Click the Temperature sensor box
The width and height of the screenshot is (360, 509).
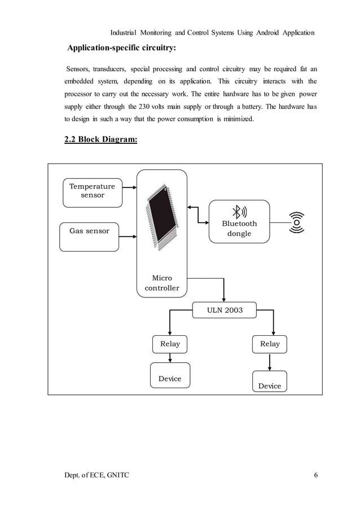tap(92, 191)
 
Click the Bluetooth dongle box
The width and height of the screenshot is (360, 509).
tap(239, 221)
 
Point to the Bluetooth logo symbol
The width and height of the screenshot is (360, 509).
tap(239, 212)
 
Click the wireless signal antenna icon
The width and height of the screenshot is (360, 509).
tap(296, 222)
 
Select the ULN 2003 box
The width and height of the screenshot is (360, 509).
tap(225, 310)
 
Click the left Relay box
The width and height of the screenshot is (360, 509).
tap(170, 344)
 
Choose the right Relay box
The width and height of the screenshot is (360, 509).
tap(270, 344)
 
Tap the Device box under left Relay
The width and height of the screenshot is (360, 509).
tap(170, 376)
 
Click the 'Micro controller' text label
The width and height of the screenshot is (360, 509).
tap(162, 283)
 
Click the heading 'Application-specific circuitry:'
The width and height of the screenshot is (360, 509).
tap(121, 46)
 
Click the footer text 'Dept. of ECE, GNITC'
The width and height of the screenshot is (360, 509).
tap(96, 475)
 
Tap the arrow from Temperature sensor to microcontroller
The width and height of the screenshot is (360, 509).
tap(128, 187)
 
